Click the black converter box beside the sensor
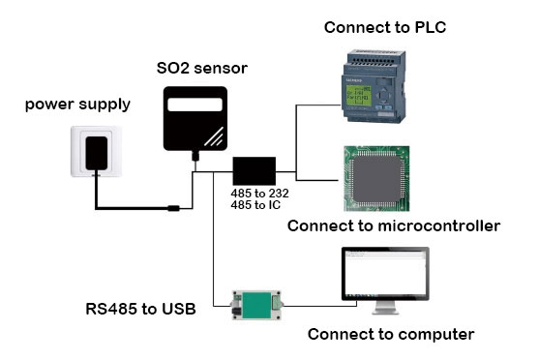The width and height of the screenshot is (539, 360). [x=254, y=170]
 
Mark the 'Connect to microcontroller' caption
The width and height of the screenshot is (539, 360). [x=394, y=226]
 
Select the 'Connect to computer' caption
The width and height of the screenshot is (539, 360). [x=390, y=335]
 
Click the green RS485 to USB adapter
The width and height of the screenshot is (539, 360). [x=255, y=307]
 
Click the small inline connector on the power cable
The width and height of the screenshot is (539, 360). [x=171, y=207]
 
